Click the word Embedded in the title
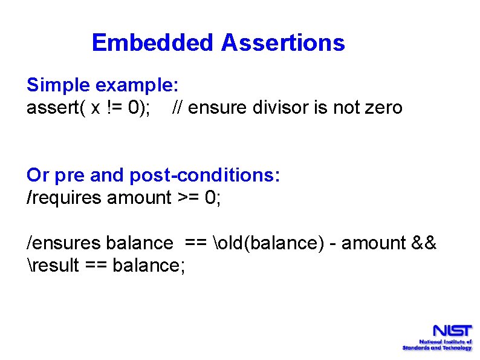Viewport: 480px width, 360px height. click(153, 43)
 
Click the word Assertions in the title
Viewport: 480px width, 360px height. click(283, 43)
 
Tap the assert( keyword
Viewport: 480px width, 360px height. click(54, 108)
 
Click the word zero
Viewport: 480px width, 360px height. click(383, 108)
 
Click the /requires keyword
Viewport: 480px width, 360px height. click(65, 197)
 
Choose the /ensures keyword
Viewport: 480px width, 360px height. click(64, 243)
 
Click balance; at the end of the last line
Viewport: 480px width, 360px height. click(154, 265)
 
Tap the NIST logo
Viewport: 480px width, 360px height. click(437, 338)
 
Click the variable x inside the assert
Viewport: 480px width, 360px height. click(96, 108)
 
